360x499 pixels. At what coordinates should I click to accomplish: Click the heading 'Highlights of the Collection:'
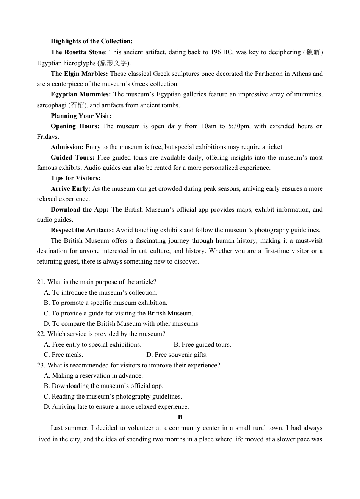pyautogui.click(x=91, y=41)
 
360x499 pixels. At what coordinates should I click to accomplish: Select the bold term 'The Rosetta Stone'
pyautogui.click(x=77, y=52)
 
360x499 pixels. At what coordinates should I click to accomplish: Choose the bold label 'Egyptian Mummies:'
pyautogui.click(x=81, y=94)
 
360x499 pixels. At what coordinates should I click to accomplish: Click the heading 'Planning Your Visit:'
pyautogui.click(x=81, y=116)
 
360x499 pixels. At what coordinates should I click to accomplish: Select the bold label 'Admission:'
pyautogui.click(x=67, y=147)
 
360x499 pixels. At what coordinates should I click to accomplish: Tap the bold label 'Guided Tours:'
pyautogui.click(x=72, y=157)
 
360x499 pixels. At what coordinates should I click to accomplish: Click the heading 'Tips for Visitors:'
pyautogui.click(x=75, y=178)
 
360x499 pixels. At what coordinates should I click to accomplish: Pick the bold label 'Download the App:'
pyautogui.click(x=80, y=209)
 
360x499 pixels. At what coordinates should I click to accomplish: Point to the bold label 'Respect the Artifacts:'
pyautogui.click(x=82, y=230)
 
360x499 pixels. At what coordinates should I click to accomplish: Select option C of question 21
pyautogui.click(x=118, y=313)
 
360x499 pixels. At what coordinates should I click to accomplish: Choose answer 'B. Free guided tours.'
pyautogui.click(x=202, y=344)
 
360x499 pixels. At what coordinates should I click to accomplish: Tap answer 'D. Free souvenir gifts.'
pyautogui.click(x=177, y=355)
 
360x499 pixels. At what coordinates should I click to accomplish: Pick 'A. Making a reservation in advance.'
pyautogui.click(x=93, y=376)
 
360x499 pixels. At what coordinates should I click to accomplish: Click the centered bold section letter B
pyautogui.click(x=180, y=417)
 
